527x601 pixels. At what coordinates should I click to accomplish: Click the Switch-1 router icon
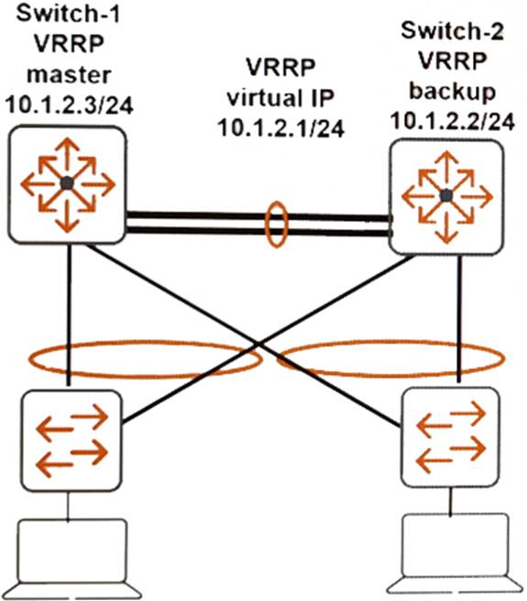[x=67, y=185]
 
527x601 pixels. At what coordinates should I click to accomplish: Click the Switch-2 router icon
[x=446, y=197]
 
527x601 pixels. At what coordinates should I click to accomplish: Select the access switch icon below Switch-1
[x=71, y=441]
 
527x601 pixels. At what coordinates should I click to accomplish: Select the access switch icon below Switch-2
[x=450, y=437]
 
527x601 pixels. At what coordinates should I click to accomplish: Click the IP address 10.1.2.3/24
[x=70, y=104]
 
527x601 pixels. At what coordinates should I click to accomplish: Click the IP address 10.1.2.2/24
[x=452, y=122]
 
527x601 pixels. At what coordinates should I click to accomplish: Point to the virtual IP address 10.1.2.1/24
[x=281, y=127]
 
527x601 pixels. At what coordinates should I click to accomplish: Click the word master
[x=69, y=74]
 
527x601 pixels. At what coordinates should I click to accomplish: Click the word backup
[x=453, y=92]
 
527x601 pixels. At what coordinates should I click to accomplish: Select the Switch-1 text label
[x=68, y=14]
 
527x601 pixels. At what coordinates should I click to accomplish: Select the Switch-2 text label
[x=452, y=30]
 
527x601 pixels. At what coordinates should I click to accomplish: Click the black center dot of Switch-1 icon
[x=67, y=183]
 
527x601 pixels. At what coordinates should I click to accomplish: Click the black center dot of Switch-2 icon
[x=446, y=196]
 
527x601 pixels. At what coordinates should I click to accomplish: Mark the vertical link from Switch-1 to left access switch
[x=69, y=315]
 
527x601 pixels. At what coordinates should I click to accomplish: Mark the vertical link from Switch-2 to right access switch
[x=459, y=319]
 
